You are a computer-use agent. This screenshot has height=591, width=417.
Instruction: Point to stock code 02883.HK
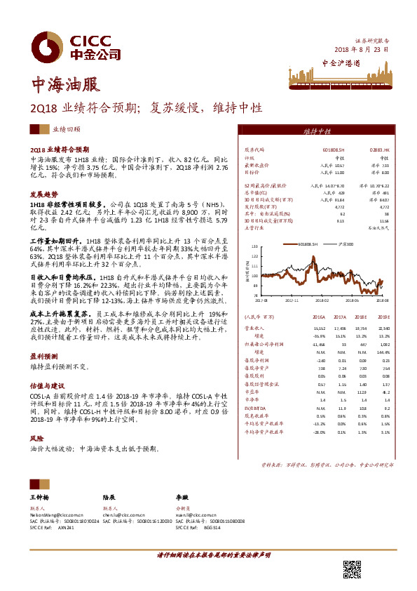click(x=390, y=150)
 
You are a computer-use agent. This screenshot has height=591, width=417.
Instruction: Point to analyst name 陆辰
click(x=109, y=496)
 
